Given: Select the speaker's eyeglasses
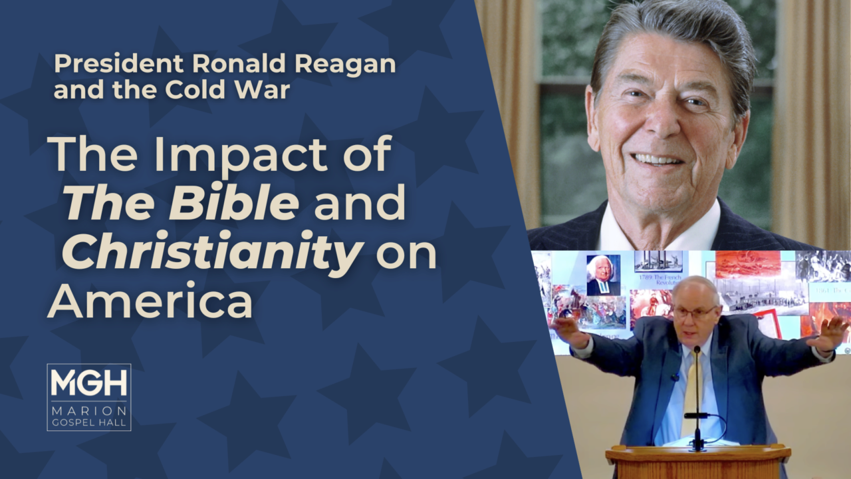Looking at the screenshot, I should click(695, 311).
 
